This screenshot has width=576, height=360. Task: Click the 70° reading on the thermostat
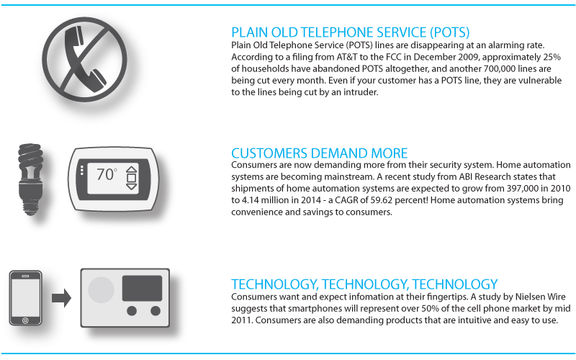coord(107,174)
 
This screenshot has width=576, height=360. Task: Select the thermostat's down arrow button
coord(131,185)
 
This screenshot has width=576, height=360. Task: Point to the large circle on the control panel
coord(100,289)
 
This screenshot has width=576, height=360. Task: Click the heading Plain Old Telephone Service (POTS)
coord(350,33)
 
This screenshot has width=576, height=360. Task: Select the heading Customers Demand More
coord(319,153)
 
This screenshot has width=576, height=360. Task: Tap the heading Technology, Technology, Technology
coord(364,284)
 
